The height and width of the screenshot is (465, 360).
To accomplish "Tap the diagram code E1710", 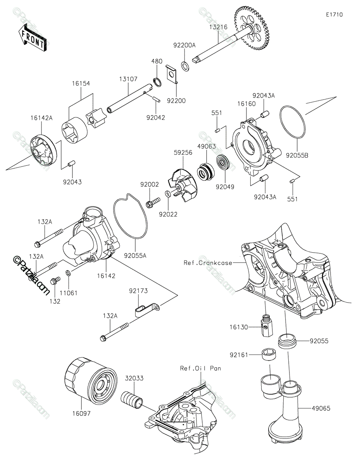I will coord(334,15).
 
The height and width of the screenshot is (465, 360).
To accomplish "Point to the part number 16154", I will coord(80,83).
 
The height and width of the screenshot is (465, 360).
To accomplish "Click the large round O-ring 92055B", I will coord(293,122).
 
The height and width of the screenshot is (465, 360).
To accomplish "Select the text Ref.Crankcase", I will coord(208,263).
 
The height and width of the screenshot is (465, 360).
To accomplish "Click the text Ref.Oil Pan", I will coord(200,368).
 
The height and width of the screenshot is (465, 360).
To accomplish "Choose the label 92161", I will coord(239,354).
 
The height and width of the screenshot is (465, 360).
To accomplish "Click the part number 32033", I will coord(134,378).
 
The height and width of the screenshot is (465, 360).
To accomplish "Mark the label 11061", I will coord(68,293).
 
